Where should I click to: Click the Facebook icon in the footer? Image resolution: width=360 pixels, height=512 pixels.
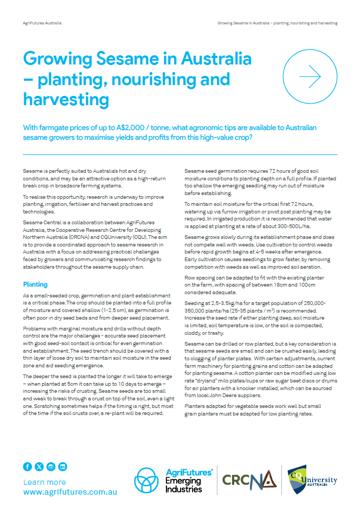[x=28, y=466]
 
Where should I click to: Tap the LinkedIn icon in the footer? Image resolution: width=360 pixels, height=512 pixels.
[x=63, y=466]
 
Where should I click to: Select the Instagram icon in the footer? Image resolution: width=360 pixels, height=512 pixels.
[x=51, y=466]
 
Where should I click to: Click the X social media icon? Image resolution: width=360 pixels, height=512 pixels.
[x=39, y=466]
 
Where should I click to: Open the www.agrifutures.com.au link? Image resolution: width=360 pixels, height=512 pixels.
[x=70, y=492]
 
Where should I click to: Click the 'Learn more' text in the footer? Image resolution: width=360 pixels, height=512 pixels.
[x=44, y=482]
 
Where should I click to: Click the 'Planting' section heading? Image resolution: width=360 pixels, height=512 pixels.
[x=35, y=284]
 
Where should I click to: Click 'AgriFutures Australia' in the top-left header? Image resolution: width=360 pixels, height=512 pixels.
[x=42, y=23]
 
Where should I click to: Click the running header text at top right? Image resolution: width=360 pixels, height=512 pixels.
[x=278, y=23]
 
